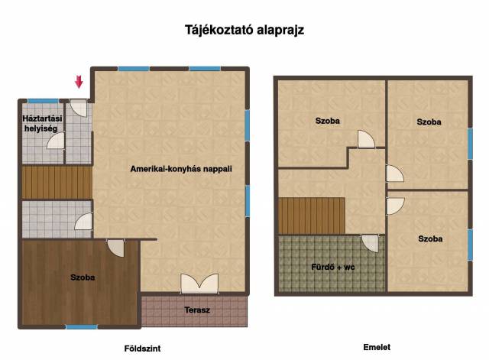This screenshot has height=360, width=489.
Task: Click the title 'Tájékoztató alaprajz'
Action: pos(244,31)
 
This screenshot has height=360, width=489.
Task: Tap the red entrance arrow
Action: pos(79,82)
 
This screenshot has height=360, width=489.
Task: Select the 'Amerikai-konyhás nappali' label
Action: pos(181,169)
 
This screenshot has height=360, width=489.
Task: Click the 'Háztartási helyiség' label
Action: pos(42,123)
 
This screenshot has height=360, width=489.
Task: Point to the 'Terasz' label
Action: pos(197,310)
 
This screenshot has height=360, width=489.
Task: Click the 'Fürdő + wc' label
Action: pos(333,267)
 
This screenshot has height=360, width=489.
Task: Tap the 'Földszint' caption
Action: pos(143,349)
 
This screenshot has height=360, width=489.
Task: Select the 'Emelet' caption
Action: pos(377,347)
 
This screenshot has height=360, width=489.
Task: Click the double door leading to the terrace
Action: pos(199,284)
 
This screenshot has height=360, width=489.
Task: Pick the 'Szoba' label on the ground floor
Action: pos(83,277)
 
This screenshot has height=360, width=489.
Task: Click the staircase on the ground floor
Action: pos(57,183)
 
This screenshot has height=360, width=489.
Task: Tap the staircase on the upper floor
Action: pos(312,216)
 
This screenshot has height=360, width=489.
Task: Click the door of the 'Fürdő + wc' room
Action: pos(370,243)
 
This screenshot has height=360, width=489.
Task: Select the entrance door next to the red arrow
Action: pos(79,108)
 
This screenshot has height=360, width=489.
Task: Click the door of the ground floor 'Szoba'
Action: pos(116,248)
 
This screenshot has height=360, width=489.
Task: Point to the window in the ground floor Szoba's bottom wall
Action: pos(82,326)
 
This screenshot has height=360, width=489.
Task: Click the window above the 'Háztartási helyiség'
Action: pos(43,101)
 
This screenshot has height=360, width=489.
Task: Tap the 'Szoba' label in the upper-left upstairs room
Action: pos(328,121)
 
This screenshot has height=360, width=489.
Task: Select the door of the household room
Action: pos(56,141)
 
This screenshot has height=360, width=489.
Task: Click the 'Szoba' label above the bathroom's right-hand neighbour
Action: pos(429,122)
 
